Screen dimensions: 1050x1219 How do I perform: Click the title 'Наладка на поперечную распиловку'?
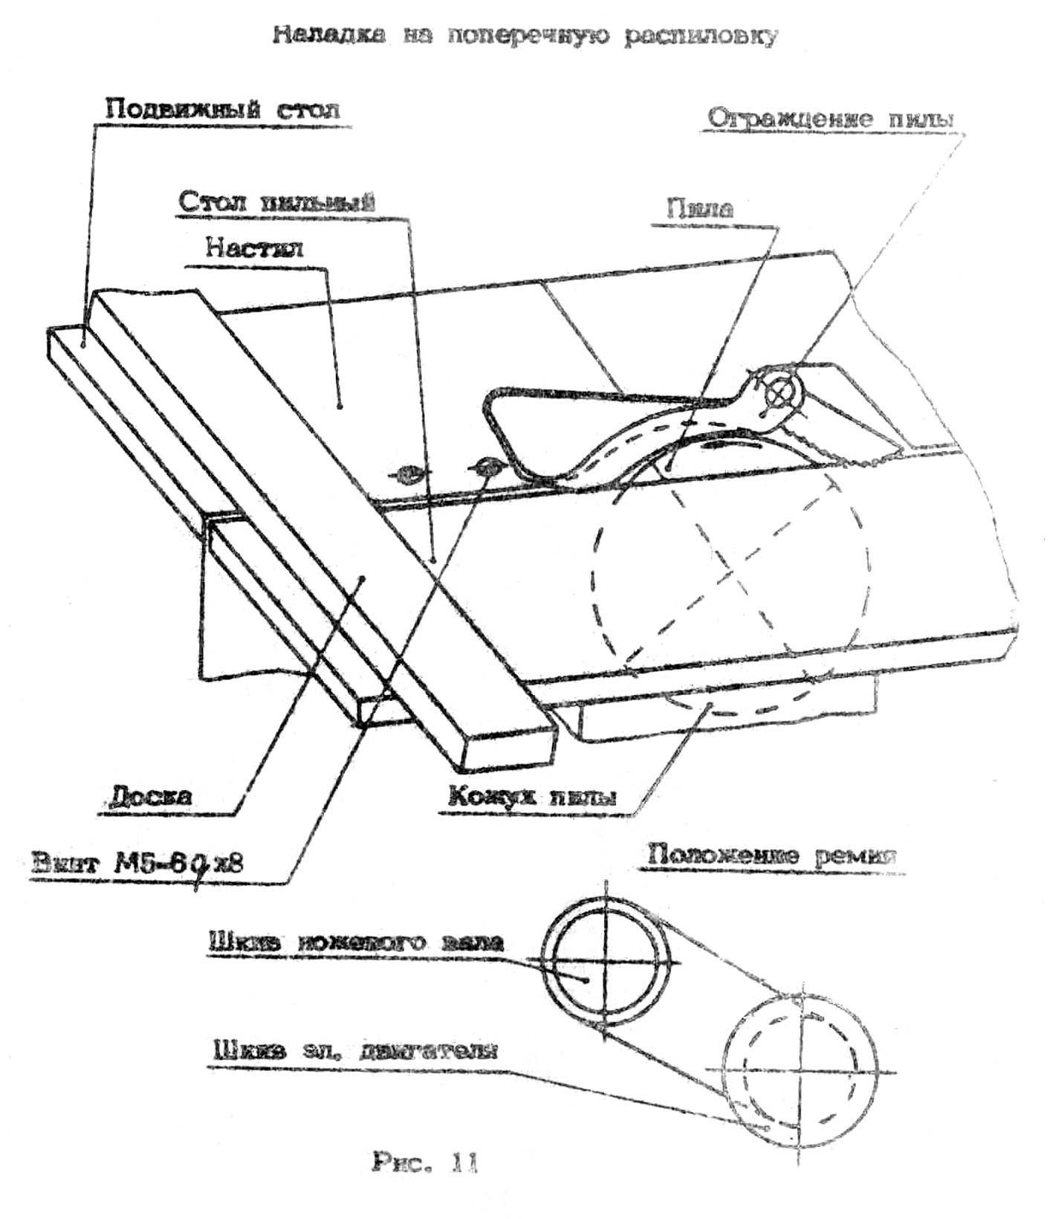pyautogui.click(x=525, y=36)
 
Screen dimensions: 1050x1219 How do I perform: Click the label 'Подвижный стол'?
pyautogui.click(x=221, y=110)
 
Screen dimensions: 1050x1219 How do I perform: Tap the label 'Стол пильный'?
pyautogui.click(x=276, y=201)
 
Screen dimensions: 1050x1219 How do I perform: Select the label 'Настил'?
pyautogui.click(x=254, y=248)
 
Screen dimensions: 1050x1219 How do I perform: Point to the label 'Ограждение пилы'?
pyautogui.click(x=831, y=118)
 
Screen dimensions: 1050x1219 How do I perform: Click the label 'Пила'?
pyautogui.click(x=699, y=208)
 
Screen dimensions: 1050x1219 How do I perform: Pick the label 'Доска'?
pyautogui.click(x=150, y=796)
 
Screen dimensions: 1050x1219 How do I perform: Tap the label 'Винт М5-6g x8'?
pyautogui.click(x=138, y=864)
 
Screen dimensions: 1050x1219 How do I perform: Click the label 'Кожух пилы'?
pyautogui.click(x=531, y=796)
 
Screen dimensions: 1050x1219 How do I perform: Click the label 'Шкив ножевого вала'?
pyautogui.click(x=355, y=942)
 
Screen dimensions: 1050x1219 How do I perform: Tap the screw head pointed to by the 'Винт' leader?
pyautogui.click(x=485, y=466)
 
